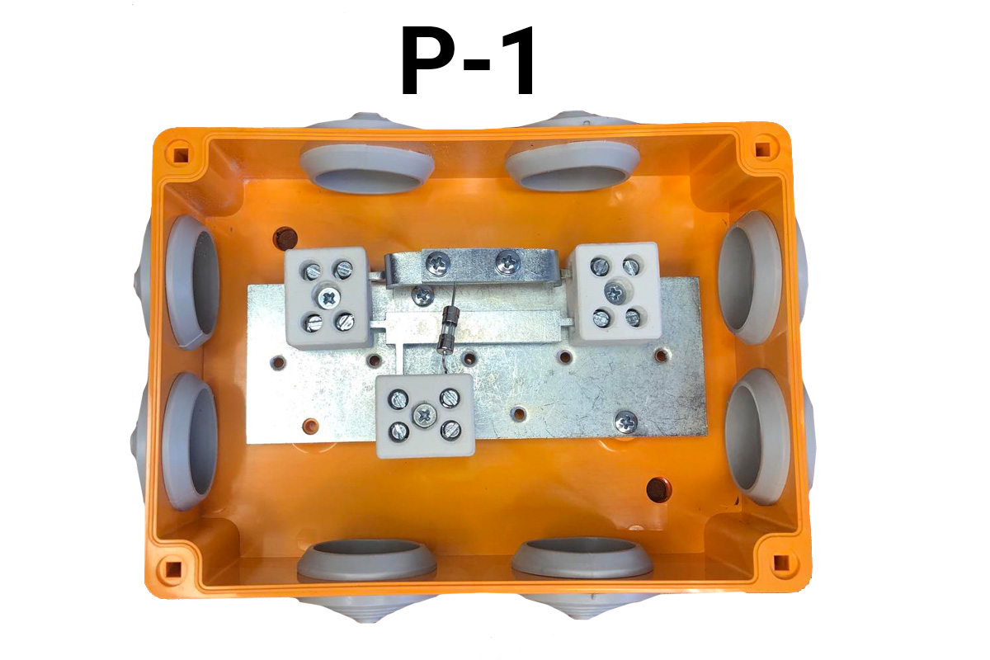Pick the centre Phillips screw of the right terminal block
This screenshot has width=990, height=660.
pos(615,292)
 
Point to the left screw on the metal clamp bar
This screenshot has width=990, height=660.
pos(438,263)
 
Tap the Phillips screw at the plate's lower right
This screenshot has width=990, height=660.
pos(626,422)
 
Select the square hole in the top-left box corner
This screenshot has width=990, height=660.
pos(181,155)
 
